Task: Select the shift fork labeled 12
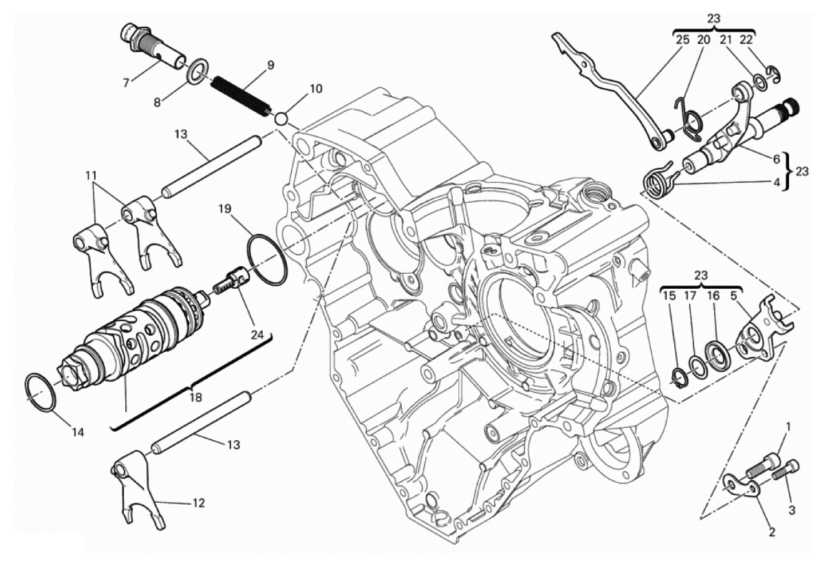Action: click(x=138, y=492)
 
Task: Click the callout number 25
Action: click(x=682, y=40)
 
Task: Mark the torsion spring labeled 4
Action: click(x=659, y=182)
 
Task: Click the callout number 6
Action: click(x=776, y=158)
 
